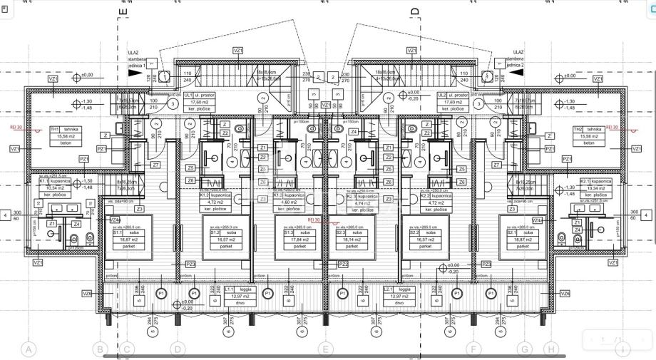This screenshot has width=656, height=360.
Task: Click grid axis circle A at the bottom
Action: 29,349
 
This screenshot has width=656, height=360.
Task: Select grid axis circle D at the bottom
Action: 177,349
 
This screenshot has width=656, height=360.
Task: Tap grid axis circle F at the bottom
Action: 472,349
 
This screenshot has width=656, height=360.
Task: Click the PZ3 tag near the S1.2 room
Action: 190,264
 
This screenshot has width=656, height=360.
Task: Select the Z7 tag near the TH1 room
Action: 155,165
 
